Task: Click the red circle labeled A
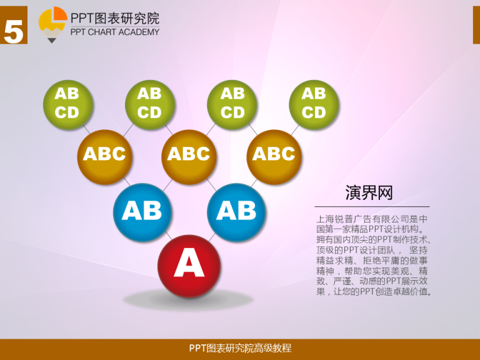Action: point(189,266)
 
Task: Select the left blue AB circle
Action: point(142,212)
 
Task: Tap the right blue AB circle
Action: point(236,212)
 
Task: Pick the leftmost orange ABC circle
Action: point(105,157)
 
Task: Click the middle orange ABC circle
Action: point(189,157)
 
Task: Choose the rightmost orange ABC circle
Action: point(274,157)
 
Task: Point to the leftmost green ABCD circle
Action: point(68,105)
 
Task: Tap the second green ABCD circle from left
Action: point(150,105)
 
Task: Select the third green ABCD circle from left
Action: point(232,105)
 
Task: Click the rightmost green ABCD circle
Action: point(314,105)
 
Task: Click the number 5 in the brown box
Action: point(14,31)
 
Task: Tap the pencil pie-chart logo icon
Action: point(52,24)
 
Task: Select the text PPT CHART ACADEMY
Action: point(115,32)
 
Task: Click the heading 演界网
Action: point(369,193)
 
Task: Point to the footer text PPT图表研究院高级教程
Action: point(240,348)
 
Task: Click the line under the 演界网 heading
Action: point(372,207)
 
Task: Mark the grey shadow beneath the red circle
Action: point(188,300)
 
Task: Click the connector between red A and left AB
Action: point(168,236)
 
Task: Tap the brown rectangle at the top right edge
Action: point(476,25)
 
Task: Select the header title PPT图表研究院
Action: point(115,18)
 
